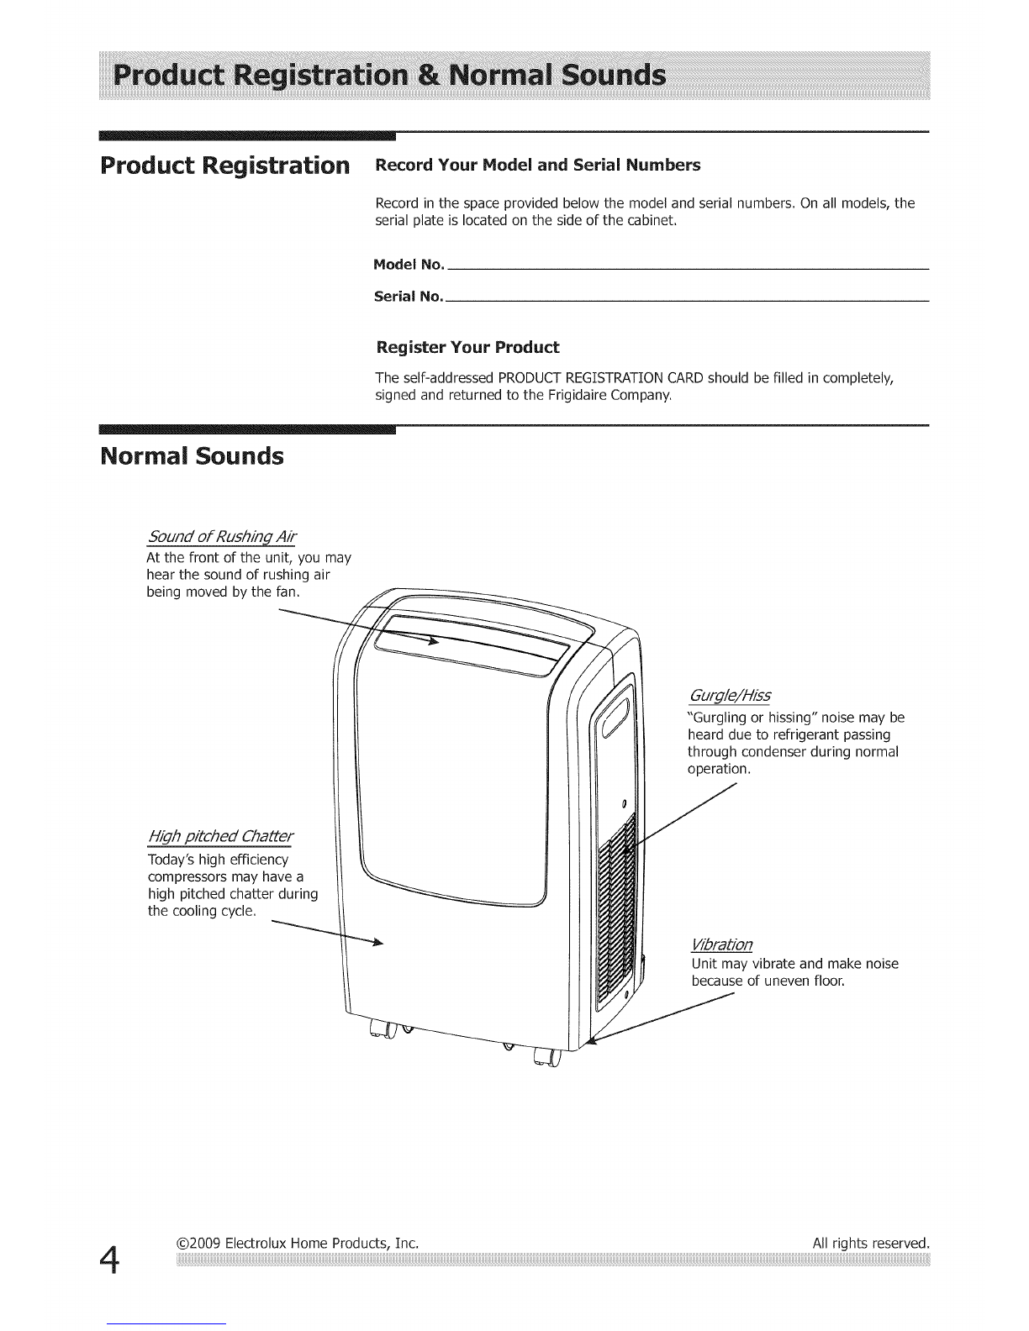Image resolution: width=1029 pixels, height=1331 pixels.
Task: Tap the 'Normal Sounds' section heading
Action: [x=192, y=457]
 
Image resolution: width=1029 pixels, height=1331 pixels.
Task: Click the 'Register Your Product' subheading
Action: [x=467, y=347]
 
